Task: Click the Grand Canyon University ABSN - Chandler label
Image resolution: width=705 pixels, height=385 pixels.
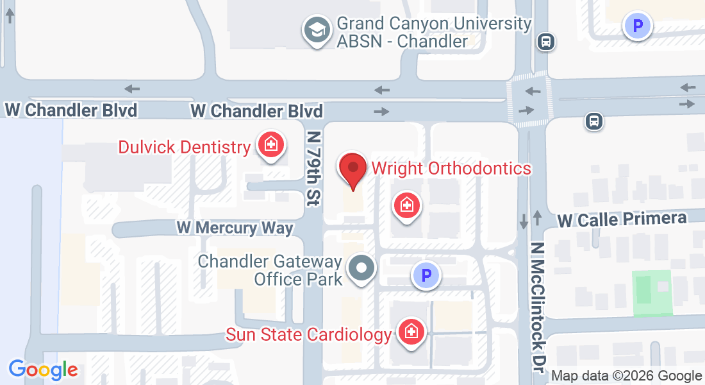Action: [434, 33]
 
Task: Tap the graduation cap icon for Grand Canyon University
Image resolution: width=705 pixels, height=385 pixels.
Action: [316, 30]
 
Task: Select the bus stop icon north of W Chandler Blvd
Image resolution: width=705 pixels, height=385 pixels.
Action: [546, 42]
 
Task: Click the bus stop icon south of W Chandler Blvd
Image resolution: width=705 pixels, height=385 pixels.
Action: [594, 121]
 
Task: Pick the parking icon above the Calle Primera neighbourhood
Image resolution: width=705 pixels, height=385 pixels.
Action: [638, 26]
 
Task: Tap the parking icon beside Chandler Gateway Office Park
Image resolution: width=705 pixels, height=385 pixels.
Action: [426, 276]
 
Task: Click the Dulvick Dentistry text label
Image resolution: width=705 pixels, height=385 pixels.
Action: [184, 147]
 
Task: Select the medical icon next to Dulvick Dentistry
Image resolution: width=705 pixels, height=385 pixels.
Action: [270, 144]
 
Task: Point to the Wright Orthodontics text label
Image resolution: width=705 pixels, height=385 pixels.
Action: [451, 168]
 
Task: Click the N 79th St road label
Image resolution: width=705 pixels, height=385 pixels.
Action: [313, 168]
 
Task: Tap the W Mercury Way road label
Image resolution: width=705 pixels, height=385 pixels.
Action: [235, 227]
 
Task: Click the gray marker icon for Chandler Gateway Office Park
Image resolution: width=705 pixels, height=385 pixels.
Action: [361, 268]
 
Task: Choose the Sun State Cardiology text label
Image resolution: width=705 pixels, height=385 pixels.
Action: [308, 334]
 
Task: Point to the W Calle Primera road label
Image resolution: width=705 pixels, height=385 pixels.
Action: [622, 219]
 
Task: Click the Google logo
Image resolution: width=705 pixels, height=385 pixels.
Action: [43, 370]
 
